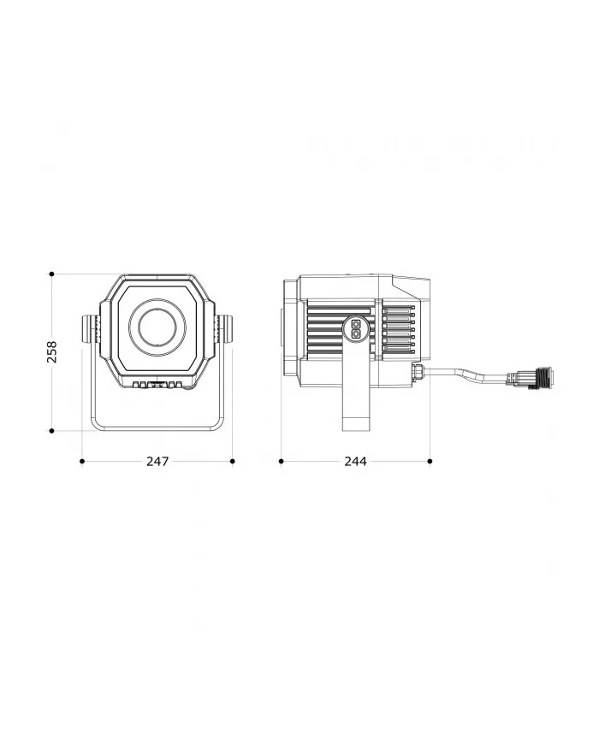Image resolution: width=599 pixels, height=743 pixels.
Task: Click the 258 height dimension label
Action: pos(51,351)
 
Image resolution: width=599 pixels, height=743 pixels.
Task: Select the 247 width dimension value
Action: pos(157,462)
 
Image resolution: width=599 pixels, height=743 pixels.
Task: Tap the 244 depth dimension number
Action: pos(355,462)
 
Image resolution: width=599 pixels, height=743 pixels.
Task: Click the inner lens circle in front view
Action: pos(157,327)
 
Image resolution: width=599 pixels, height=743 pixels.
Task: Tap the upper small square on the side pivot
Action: pos(356,324)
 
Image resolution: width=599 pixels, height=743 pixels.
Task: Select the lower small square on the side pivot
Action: pos(356,333)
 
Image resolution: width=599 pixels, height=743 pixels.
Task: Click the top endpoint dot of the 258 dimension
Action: pos(51,274)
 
